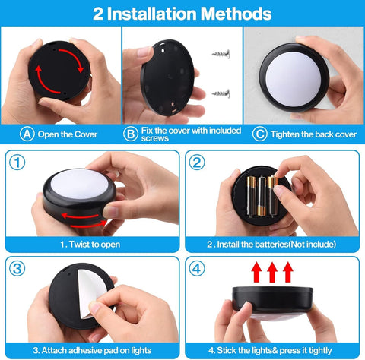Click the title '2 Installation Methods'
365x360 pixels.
coord(182,13)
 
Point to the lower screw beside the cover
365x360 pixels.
coord(221,93)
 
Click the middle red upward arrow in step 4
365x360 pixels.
coord(271,272)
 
